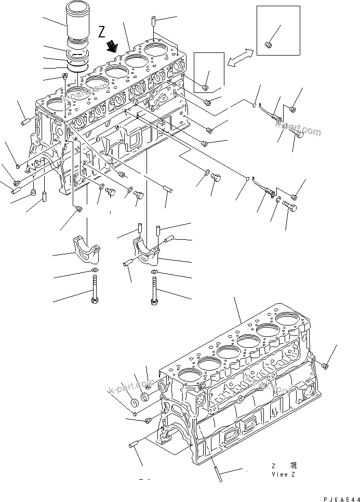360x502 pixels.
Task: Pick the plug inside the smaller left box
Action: tap(206, 87)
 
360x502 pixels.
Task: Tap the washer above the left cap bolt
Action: tap(94, 271)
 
